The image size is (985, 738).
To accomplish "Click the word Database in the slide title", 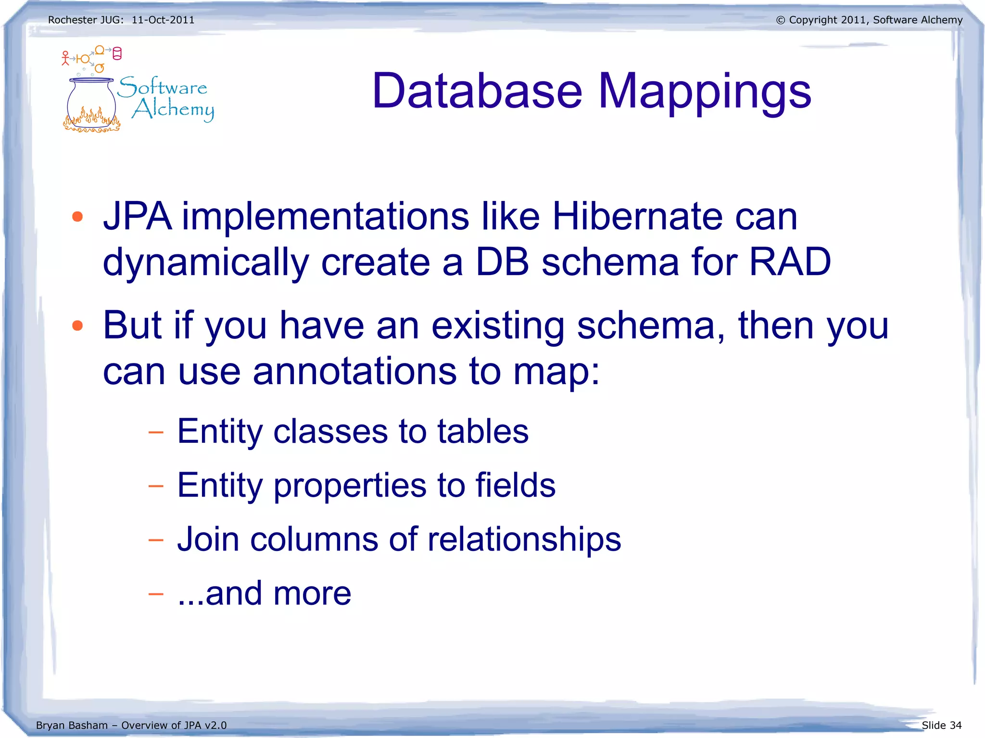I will (477, 91).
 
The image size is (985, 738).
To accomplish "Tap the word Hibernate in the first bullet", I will (637, 216).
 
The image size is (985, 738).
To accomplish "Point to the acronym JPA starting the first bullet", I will (138, 216).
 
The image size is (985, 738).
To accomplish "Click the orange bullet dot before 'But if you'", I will (77, 326).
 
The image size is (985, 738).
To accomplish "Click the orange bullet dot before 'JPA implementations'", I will (77, 217).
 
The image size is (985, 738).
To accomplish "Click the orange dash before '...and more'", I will (156, 594).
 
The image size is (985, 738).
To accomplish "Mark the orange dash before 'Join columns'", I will (156, 540).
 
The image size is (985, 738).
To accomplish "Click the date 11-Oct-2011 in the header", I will (163, 20).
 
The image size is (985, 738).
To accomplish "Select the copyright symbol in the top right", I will (780, 20).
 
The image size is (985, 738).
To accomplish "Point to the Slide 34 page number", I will (941, 725).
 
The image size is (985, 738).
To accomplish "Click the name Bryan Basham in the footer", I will (72, 725).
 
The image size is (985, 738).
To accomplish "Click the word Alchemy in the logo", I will (173, 110).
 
